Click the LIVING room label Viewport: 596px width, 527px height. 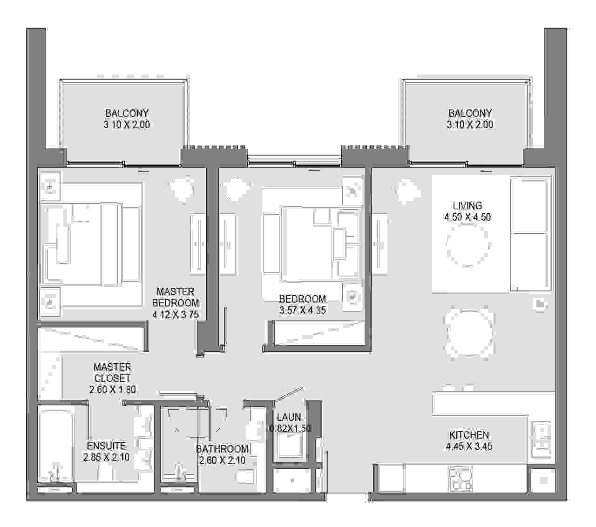pos(467,205)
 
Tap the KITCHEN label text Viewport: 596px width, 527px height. pos(469,435)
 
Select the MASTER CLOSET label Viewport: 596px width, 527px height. pos(112,372)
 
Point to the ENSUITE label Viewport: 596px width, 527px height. pos(107,446)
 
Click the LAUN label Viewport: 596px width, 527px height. pos(289,417)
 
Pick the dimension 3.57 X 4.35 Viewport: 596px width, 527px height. pos(302,310)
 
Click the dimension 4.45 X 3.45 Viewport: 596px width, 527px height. pos(469,446)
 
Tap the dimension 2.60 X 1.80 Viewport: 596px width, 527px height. pos(112,389)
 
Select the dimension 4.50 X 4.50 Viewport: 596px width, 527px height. pos(467,217)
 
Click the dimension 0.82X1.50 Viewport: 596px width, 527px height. pos(290,428)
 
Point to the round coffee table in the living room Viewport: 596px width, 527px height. pos(468,245)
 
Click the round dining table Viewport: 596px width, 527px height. pos(469,332)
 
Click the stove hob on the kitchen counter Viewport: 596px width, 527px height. pos(461,478)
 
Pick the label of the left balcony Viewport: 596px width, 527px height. pos(127,119)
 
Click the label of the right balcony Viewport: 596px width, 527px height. pos(470,119)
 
